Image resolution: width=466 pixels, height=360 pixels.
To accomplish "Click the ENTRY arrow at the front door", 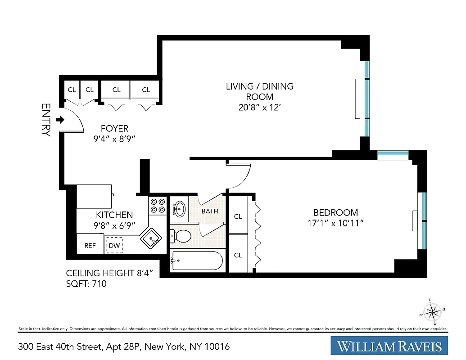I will [x=59, y=120].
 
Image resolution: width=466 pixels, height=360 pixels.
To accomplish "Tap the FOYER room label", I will [x=114, y=129].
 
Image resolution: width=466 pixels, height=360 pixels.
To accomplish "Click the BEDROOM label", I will [x=335, y=212].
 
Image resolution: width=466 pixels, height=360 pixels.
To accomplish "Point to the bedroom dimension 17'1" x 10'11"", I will [x=335, y=223].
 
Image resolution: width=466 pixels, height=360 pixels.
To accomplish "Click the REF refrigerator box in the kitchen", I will [x=90, y=246].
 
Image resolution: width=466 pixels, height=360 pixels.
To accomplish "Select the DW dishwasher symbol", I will [x=114, y=246].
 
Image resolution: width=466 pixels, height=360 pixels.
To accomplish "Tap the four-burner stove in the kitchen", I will [x=158, y=206].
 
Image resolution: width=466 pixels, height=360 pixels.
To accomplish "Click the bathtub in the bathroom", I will [x=196, y=261].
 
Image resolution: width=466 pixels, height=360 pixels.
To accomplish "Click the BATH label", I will [x=210, y=211].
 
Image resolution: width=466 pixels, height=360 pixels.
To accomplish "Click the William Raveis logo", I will [x=389, y=346].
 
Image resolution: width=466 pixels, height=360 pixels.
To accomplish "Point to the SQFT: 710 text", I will [x=86, y=284].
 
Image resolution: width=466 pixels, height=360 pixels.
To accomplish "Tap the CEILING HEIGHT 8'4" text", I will [x=112, y=273].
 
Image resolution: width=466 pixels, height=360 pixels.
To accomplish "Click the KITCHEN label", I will [x=114, y=215].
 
